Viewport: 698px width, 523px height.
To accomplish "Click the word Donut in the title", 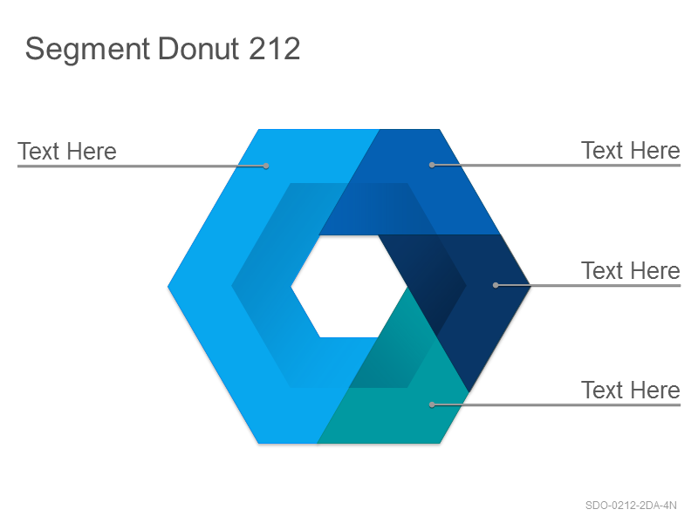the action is [x=199, y=48].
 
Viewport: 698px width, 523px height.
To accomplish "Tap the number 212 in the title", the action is [x=274, y=48].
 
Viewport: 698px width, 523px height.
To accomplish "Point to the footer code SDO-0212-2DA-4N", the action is [x=631, y=506].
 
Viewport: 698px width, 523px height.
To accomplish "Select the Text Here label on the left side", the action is [x=67, y=151].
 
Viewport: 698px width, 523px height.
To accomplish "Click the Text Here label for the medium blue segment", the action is [x=630, y=150].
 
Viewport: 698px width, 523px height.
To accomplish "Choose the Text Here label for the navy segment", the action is [x=630, y=270].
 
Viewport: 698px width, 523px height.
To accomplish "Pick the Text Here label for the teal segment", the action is [x=630, y=390].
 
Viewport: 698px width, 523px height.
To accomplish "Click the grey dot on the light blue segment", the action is [x=266, y=166].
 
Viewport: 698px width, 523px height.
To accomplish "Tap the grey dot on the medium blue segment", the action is [x=432, y=165].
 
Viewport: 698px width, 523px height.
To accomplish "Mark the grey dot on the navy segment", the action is [x=496, y=285].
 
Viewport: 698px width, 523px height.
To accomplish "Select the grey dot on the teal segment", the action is [x=432, y=404].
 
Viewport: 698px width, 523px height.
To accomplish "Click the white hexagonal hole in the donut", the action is [x=349, y=286].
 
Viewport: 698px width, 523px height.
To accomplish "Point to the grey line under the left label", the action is [x=141, y=166].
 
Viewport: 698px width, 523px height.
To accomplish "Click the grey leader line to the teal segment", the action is [x=556, y=404].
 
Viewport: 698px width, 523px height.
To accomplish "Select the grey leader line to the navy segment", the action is [x=588, y=285].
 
